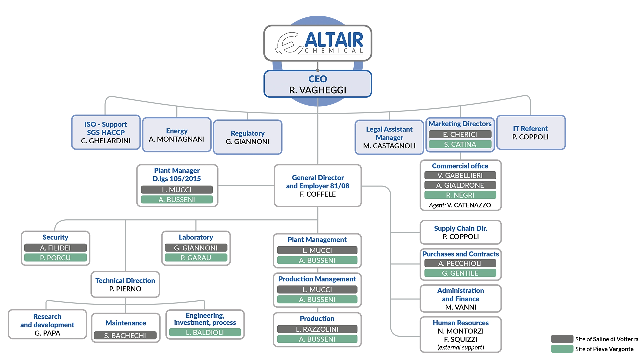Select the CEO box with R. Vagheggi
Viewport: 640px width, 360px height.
(318, 84)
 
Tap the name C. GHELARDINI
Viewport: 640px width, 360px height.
(106, 141)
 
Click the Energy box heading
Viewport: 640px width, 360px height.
(177, 131)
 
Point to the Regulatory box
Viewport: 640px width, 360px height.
(248, 137)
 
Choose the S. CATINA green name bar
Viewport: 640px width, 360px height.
(460, 144)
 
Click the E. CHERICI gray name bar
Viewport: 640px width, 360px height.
(460, 134)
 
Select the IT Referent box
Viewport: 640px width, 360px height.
(531, 133)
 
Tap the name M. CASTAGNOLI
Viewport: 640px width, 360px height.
(389, 146)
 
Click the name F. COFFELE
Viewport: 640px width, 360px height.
(318, 194)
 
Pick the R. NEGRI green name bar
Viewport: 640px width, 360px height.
(460, 195)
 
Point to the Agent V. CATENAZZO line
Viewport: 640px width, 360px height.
(460, 205)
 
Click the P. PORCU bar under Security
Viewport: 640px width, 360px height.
(55, 258)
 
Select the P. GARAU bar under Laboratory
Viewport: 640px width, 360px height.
(196, 258)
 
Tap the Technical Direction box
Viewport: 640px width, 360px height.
(125, 285)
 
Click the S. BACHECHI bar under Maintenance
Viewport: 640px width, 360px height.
(125, 336)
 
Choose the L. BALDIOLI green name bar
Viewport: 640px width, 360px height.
(205, 332)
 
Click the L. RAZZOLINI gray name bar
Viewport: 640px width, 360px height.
(317, 329)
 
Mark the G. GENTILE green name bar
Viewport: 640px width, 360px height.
(460, 273)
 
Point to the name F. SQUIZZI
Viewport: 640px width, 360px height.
(461, 339)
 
